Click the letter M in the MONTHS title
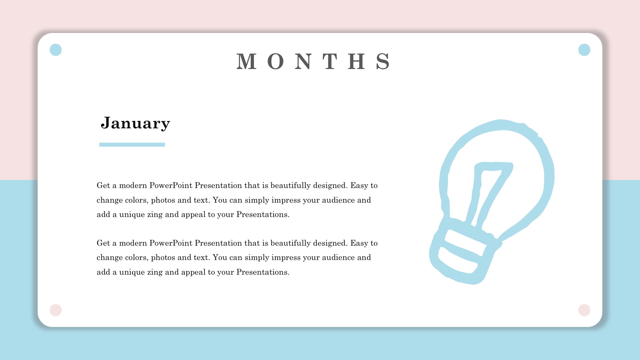pyautogui.click(x=247, y=61)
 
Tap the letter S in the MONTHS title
pyautogui.click(x=383, y=61)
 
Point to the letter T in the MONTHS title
pyautogui.click(x=330, y=61)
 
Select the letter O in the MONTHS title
pyautogui.click(x=276, y=61)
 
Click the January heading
pyautogui.click(x=135, y=123)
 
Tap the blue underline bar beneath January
pyautogui.click(x=132, y=145)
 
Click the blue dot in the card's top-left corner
pyautogui.click(x=56, y=50)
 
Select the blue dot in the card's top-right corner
pyautogui.click(x=584, y=50)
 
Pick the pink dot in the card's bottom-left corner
pyautogui.click(x=56, y=310)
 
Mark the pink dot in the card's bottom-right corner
pyautogui.click(x=584, y=310)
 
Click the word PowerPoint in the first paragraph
pyautogui.click(x=171, y=185)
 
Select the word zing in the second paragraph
pyautogui.click(x=155, y=272)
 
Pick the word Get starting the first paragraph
pyautogui.click(x=103, y=185)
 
